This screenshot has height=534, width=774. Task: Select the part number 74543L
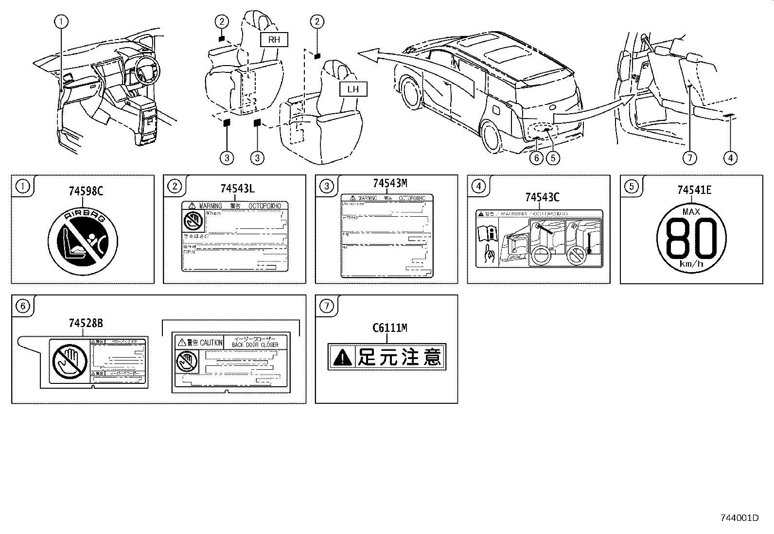tap(237, 189)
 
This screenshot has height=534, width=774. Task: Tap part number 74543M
tap(389, 183)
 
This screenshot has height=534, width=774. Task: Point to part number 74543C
tap(542, 197)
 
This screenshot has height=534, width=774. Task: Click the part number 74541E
tap(694, 190)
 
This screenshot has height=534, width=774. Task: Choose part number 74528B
tap(86, 323)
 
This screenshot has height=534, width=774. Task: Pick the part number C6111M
tap(389, 328)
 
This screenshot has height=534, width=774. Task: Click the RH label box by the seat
tap(274, 40)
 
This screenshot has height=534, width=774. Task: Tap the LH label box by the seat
tap(353, 89)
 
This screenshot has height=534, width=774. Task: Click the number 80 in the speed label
tap(691, 238)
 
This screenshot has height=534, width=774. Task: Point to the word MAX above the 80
tap(691, 212)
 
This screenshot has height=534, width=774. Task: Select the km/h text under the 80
tap(691, 264)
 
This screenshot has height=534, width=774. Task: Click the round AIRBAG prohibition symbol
tap(83, 240)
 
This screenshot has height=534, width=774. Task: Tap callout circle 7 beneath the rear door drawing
tap(689, 157)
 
